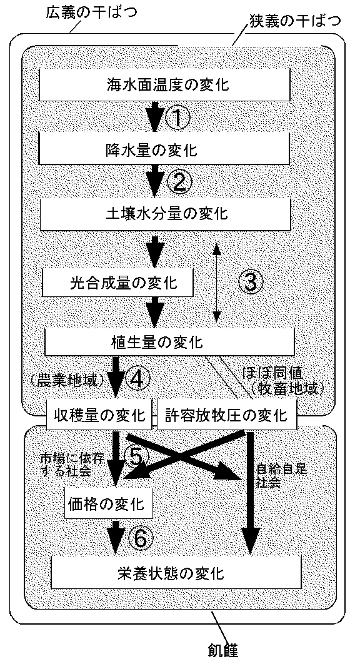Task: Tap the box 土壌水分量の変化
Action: pos(166,213)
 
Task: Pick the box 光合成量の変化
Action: pos(117,283)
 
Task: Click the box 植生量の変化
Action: pos(169,341)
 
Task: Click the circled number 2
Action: pos(179,182)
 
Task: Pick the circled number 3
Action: pos(249,281)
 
